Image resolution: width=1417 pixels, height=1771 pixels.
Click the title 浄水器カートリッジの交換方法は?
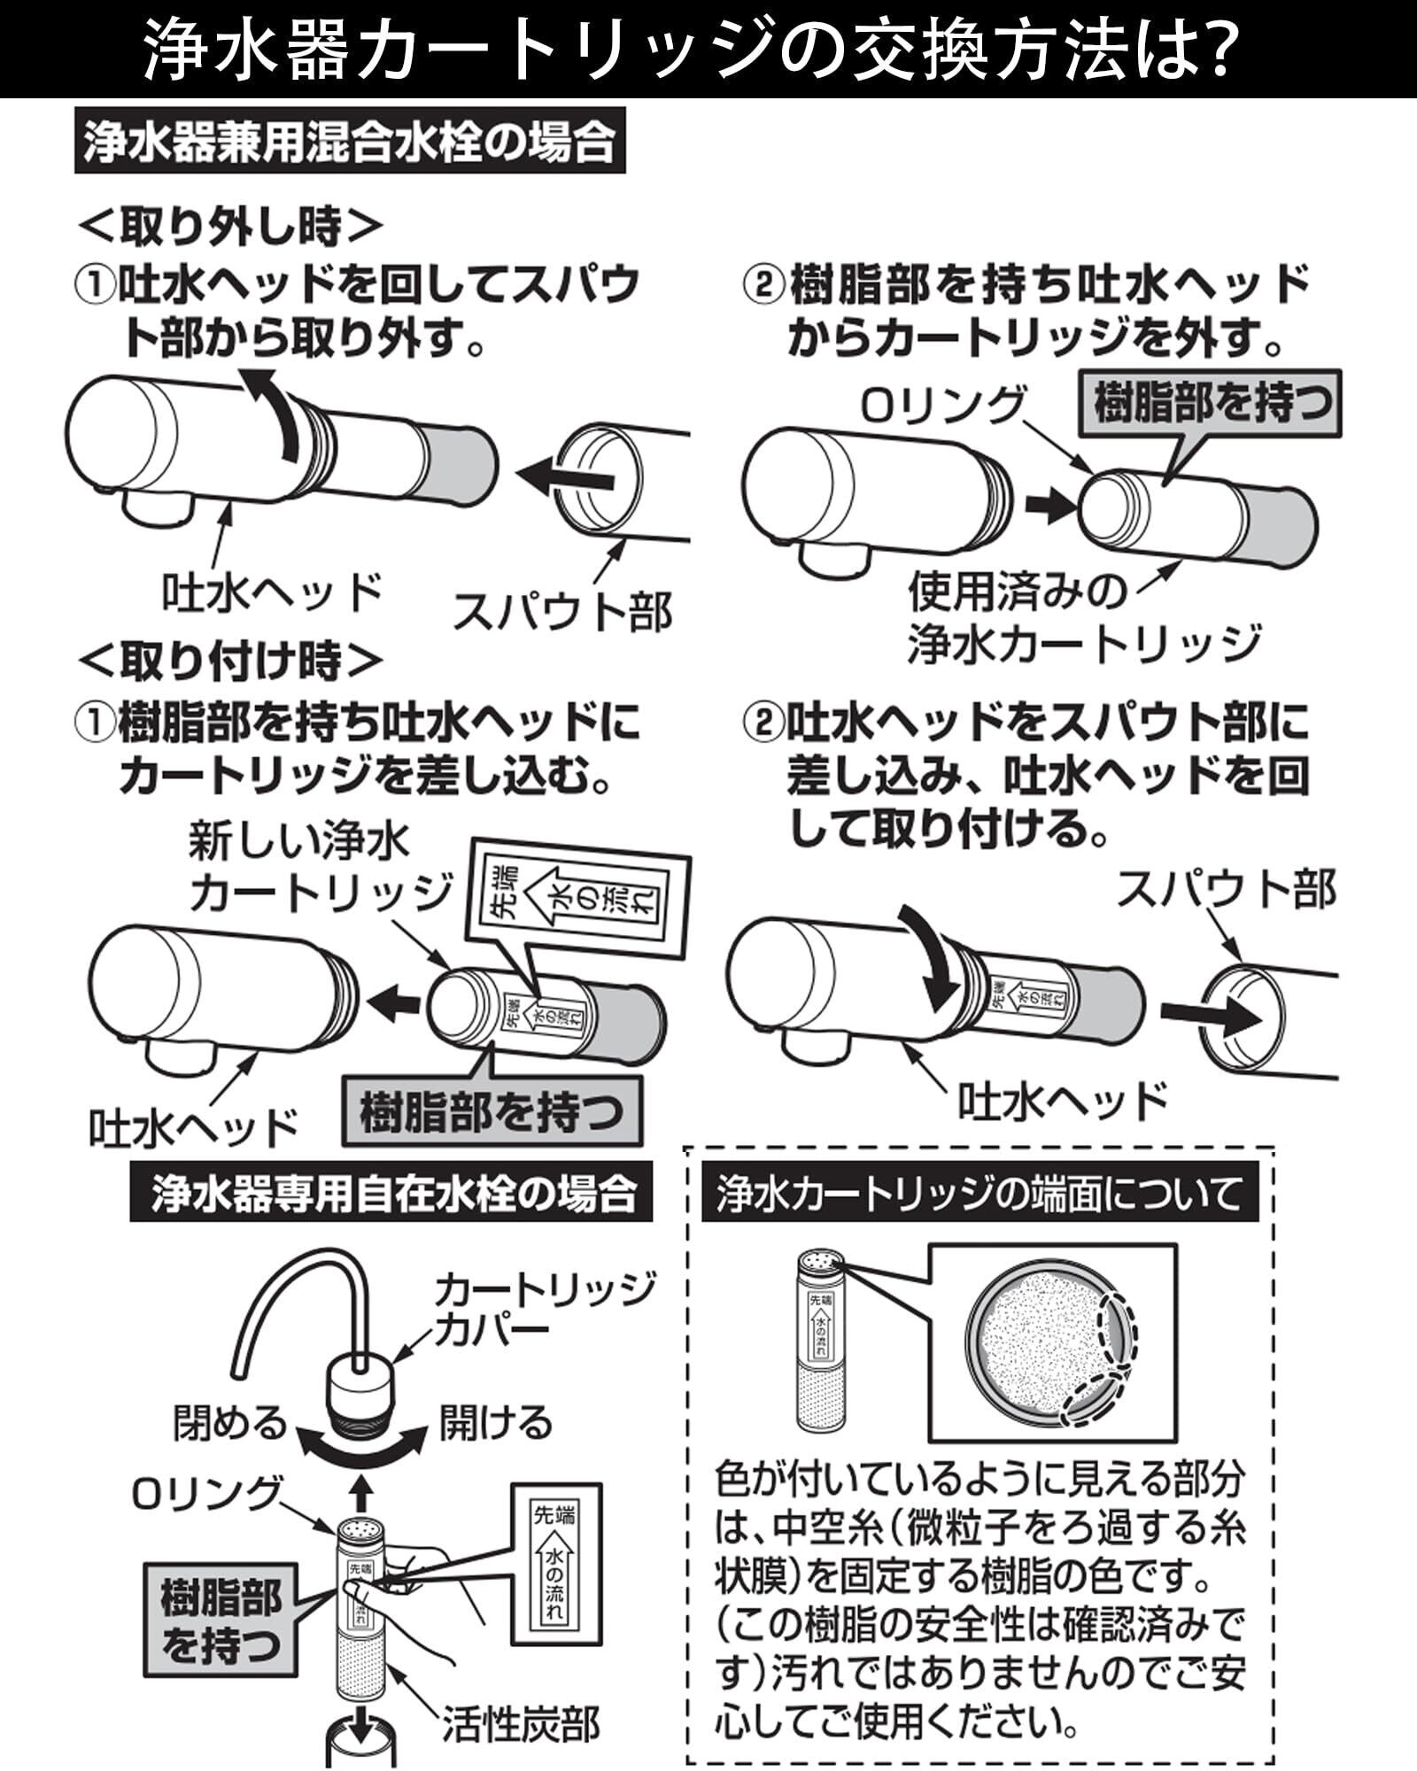click(691, 49)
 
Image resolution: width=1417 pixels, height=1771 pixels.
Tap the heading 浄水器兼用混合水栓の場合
click(350, 142)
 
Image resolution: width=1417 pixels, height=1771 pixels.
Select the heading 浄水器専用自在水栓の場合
click(391, 1194)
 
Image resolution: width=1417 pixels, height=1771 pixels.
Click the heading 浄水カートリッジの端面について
click(980, 1194)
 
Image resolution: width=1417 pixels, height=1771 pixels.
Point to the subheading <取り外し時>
click(230, 228)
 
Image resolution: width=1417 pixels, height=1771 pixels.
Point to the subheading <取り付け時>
click(230, 661)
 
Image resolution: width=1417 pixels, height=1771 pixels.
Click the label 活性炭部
click(522, 1723)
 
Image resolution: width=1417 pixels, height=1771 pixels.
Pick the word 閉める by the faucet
click(230, 1423)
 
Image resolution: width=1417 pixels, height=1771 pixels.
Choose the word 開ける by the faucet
click(496, 1423)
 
